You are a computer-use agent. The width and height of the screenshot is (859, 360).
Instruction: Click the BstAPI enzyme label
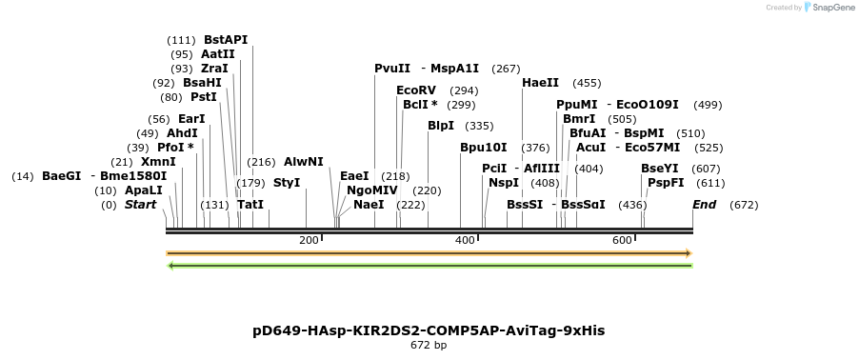coord(226,40)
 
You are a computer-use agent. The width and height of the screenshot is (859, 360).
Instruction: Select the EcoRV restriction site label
coord(415,90)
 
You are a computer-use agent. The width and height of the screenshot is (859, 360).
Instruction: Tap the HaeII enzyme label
coord(541,83)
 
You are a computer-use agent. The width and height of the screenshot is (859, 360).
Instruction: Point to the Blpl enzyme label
coord(441,126)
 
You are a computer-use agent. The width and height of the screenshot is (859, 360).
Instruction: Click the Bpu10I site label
coord(484,148)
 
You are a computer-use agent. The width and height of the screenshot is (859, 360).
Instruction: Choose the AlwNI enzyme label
coord(304,162)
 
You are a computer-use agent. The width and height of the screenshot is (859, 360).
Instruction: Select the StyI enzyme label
coord(287,182)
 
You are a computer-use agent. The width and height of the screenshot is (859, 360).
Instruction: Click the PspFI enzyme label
coord(666,182)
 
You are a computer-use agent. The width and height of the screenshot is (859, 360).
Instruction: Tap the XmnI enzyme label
coord(158,162)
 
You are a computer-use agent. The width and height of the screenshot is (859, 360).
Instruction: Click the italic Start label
coord(141,205)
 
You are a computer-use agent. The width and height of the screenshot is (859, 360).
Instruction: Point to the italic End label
coord(705,205)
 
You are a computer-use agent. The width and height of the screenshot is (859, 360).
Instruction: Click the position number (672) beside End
coord(744,205)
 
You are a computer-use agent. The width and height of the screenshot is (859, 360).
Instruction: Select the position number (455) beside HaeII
coord(587,83)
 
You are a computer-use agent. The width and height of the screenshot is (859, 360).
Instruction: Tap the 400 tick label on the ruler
coord(465,240)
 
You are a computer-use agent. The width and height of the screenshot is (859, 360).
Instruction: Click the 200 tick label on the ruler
coord(309,240)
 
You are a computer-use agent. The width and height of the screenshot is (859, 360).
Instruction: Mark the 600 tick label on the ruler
coord(622,240)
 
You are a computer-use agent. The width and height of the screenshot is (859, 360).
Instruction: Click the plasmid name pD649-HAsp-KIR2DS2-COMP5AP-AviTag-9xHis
coord(429,330)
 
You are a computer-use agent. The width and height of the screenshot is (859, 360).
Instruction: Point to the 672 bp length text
coord(429,346)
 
